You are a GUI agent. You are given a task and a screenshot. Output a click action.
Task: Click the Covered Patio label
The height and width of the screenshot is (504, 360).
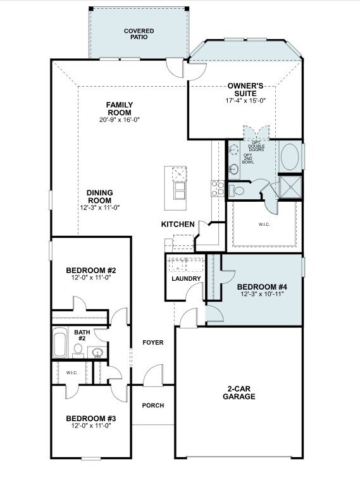(139, 34)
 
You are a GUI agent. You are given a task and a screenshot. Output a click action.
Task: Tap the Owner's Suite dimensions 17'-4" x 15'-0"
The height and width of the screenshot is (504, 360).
(245, 101)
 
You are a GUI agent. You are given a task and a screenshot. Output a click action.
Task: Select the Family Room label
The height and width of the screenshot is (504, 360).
(120, 109)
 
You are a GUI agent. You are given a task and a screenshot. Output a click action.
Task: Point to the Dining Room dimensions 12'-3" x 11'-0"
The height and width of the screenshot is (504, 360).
(100, 207)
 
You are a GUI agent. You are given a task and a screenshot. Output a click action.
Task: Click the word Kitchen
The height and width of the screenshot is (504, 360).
(178, 224)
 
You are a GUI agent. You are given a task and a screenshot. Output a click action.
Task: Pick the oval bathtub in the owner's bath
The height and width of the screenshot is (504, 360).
(290, 157)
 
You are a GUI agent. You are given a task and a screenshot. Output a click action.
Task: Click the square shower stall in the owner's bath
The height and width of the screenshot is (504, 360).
(290, 187)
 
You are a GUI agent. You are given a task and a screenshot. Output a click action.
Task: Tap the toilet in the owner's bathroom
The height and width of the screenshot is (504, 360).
(237, 190)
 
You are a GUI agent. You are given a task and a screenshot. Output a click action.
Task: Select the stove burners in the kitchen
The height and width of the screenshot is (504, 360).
(218, 188)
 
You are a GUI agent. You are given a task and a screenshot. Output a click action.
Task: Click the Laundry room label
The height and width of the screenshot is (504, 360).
(186, 279)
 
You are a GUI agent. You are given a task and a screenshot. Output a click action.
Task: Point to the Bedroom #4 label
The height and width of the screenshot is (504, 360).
(262, 286)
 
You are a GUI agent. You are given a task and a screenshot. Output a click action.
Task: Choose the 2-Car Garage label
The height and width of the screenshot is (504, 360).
(239, 393)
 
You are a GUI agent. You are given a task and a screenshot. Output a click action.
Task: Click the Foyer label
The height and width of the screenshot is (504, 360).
(153, 343)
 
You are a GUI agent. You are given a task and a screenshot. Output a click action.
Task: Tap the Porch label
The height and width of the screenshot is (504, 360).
(153, 405)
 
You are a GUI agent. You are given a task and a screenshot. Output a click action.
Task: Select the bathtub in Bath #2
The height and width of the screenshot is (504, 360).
(60, 343)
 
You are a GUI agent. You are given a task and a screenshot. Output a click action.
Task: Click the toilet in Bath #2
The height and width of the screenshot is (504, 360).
(78, 351)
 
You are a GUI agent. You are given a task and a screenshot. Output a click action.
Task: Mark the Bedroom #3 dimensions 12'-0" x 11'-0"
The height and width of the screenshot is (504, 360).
(91, 426)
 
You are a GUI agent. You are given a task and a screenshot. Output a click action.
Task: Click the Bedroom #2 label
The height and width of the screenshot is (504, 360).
(91, 270)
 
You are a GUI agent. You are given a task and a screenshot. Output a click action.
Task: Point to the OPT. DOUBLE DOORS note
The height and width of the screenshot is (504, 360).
(256, 146)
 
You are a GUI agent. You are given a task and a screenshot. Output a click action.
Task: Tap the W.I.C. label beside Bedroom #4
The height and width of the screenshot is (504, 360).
(264, 224)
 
